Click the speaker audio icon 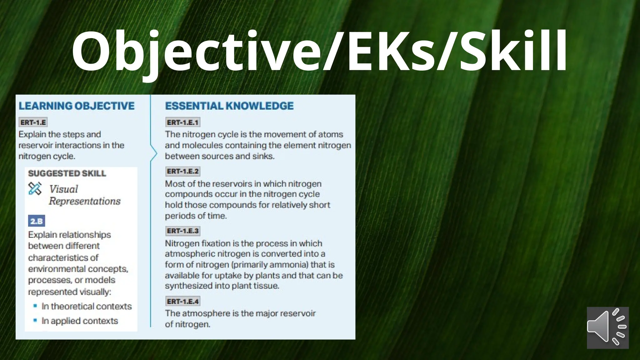[x=607, y=327]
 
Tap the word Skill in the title [x=512, y=52]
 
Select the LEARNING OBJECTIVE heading [x=77, y=106]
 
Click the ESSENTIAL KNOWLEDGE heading [x=229, y=106]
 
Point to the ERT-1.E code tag [x=33, y=122]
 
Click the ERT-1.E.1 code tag [x=182, y=122]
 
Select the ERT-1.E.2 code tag [x=182, y=171]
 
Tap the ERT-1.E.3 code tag [x=182, y=231]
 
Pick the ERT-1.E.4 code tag [x=182, y=301]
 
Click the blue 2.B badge [x=37, y=221]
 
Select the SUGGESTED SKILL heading [x=67, y=173]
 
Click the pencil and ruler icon [x=35, y=188]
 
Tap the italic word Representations [x=84, y=201]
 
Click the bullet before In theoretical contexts [x=35, y=306]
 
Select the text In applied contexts [x=80, y=321]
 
